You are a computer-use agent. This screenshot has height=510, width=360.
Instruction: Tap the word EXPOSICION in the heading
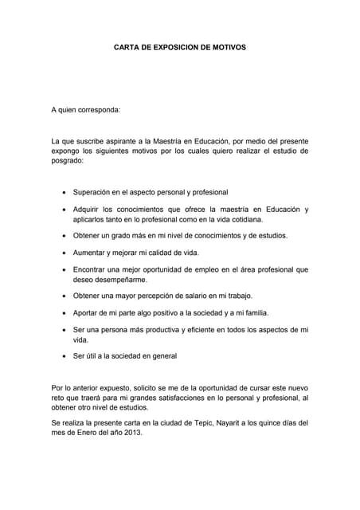pos(164,47)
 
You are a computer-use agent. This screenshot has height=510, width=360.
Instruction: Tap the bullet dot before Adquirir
pos(64,209)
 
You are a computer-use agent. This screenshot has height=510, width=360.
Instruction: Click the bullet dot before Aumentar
pos(64,253)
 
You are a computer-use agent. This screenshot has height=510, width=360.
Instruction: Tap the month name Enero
pos(84,434)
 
